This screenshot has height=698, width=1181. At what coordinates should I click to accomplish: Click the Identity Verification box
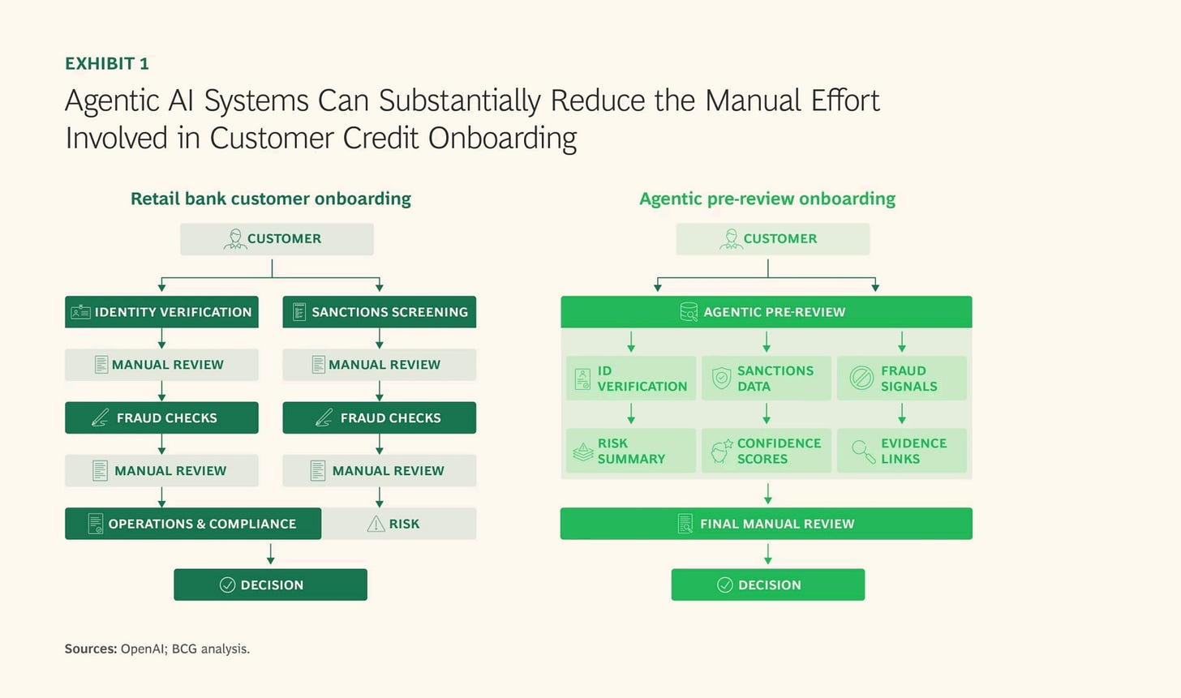tap(161, 312)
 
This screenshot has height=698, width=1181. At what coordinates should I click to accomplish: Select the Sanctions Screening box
tap(379, 312)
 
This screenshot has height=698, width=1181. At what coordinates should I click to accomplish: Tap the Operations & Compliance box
tap(193, 524)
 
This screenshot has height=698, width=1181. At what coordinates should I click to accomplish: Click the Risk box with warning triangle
tap(399, 524)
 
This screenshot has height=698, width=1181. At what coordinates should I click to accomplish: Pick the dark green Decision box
tap(270, 585)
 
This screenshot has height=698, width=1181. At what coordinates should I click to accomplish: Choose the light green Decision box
tap(767, 585)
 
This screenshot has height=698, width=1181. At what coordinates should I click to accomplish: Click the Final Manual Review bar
tap(766, 524)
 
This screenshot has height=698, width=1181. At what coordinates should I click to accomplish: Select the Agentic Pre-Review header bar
tap(766, 312)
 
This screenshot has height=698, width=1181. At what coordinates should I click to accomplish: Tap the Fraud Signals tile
tap(901, 378)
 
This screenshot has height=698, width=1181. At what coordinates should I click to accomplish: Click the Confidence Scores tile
tap(766, 451)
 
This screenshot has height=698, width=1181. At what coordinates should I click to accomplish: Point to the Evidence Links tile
tap(901, 451)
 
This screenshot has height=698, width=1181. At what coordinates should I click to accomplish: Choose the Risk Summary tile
tap(630, 451)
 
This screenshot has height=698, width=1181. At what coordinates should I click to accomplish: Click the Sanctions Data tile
tap(766, 378)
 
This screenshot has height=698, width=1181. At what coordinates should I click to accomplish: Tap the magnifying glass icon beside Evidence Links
tap(861, 450)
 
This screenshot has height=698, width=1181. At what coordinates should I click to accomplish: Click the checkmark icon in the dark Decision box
tap(227, 585)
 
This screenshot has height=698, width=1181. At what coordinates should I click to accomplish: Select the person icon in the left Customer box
tap(235, 238)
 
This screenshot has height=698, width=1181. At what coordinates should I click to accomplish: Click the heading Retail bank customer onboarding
tap(270, 199)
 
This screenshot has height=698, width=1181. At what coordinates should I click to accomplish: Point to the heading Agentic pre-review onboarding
tap(767, 199)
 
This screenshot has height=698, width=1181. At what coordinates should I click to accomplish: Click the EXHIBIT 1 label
tap(106, 63)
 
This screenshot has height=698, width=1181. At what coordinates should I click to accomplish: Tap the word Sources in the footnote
tap(90, 649)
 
